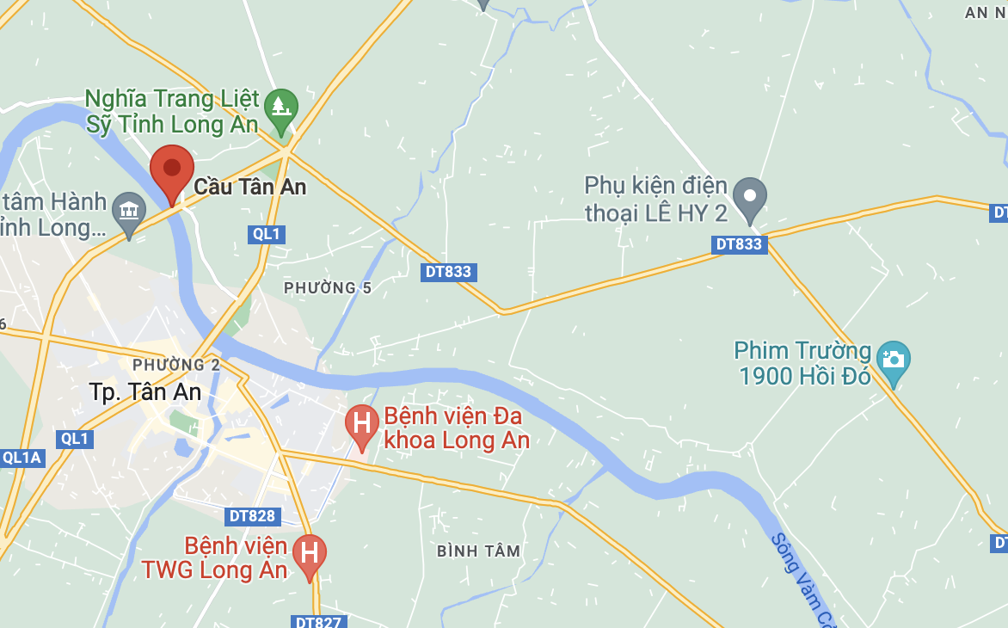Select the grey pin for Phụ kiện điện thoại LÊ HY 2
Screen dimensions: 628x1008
750,196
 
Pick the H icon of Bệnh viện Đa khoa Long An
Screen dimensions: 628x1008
362,423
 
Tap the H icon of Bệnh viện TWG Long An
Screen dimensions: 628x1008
310,551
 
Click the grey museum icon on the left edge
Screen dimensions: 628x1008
129,210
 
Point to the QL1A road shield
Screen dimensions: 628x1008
22,458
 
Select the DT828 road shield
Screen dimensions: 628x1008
253,516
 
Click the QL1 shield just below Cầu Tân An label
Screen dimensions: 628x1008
267,234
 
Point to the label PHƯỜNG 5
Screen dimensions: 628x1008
328,287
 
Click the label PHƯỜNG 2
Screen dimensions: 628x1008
176,365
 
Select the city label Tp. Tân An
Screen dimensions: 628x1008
145,392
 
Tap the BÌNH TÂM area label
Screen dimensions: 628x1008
478,551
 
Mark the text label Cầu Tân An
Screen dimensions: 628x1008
249,186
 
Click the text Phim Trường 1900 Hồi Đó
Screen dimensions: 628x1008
802,363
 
